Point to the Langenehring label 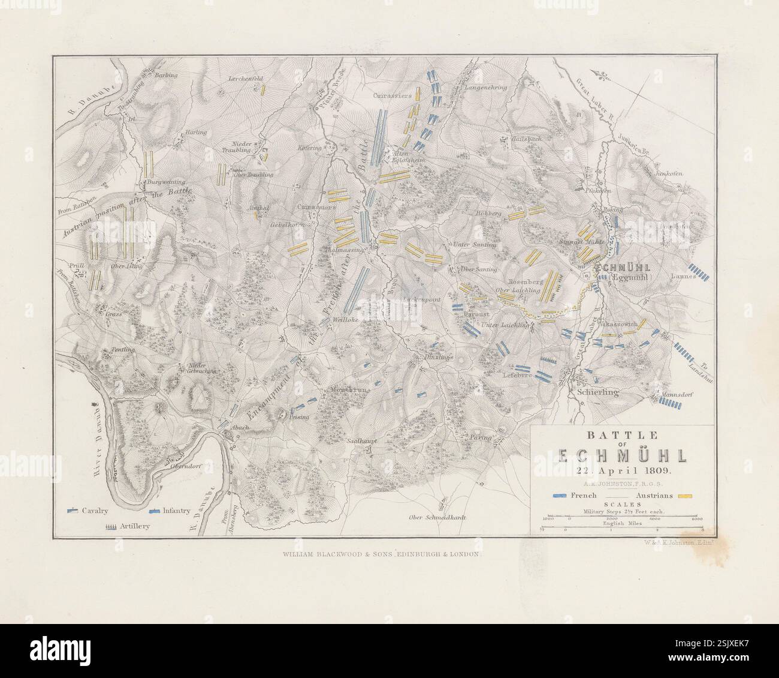[486, 87]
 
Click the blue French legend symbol [560, 496]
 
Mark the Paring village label [481, 437]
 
